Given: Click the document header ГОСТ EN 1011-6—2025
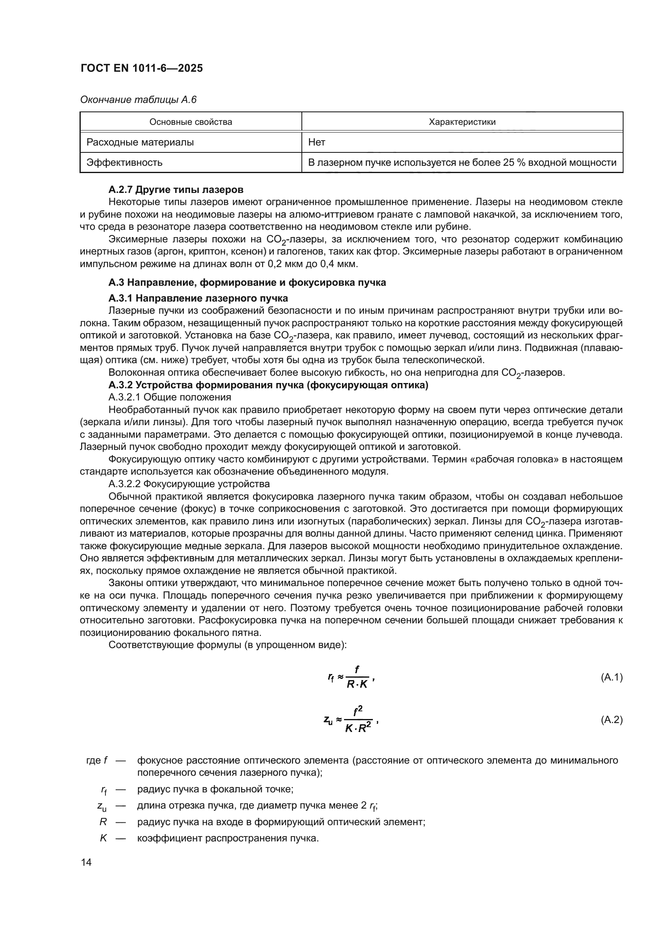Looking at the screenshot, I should tap(142, 68).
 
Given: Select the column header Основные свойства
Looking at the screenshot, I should tap(191, 122).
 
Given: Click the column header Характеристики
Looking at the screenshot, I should tap(462, 122).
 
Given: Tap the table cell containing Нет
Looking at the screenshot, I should tap(317, 142).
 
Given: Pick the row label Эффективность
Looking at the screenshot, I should tap(125, 163).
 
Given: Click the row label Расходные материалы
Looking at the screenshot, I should tap(140, 142).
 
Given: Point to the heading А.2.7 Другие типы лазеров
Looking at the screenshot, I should tap(176, 190).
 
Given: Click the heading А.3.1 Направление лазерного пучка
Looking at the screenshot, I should tap(198, 298).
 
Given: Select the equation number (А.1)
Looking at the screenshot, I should tap(611, 677).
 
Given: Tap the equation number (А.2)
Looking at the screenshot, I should tap(611, 720).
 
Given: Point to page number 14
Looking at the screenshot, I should tap(86, 862).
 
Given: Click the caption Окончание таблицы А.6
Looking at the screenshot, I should tap(138, 100).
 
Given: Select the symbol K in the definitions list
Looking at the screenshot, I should tap(103, 838).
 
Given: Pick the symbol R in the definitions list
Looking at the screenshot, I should tap(103, 822).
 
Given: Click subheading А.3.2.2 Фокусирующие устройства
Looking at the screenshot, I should tap(189, 484).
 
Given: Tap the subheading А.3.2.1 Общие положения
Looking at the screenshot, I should tap(170, 397).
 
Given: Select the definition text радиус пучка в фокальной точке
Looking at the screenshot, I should tap(215, 790).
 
